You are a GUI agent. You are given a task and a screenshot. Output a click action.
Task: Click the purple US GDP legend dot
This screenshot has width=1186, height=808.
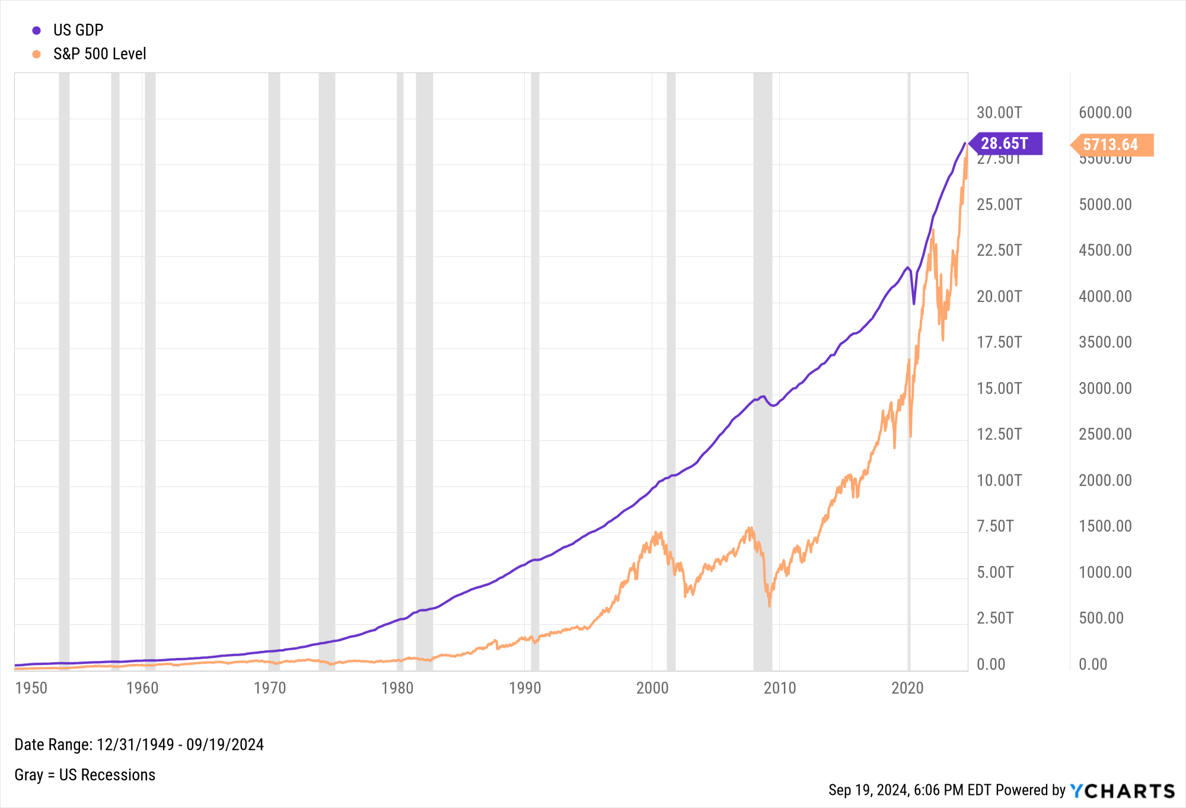click(37, 30)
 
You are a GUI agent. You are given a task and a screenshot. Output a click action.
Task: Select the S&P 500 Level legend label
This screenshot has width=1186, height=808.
click(99, 54)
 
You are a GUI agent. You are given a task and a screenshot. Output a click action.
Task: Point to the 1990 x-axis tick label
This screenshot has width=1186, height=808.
click(525, 688)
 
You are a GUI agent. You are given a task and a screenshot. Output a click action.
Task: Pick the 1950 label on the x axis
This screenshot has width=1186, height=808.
click(31, 688)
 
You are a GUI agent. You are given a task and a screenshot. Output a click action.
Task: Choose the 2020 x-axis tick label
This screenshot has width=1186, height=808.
click(907, 688)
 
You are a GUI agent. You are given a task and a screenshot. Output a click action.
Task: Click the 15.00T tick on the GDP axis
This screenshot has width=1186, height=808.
click(999, 389)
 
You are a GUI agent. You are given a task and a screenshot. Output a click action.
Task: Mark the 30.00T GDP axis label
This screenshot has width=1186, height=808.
click(999, 113)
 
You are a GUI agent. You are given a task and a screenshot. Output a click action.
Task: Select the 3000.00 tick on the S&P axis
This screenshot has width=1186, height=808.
click(1105, 389)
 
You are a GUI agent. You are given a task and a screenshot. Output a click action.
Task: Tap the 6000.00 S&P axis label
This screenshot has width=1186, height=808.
click(1105, 113)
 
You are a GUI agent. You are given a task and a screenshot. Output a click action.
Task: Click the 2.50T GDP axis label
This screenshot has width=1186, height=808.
click(995, 618)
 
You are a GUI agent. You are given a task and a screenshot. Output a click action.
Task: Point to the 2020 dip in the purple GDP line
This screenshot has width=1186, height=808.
click(914, 303)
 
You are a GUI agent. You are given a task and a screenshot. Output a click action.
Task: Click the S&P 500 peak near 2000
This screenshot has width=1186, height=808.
click(656, 533)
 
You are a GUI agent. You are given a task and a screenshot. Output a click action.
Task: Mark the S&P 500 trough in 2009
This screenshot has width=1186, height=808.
click(769, 605)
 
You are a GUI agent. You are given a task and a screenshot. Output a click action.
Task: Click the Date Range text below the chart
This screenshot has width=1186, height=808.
click(139, 745)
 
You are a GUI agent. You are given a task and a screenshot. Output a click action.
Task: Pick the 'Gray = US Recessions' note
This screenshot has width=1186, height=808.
click(85, 775)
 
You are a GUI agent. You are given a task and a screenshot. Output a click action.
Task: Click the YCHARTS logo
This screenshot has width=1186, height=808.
click(1122, 791)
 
